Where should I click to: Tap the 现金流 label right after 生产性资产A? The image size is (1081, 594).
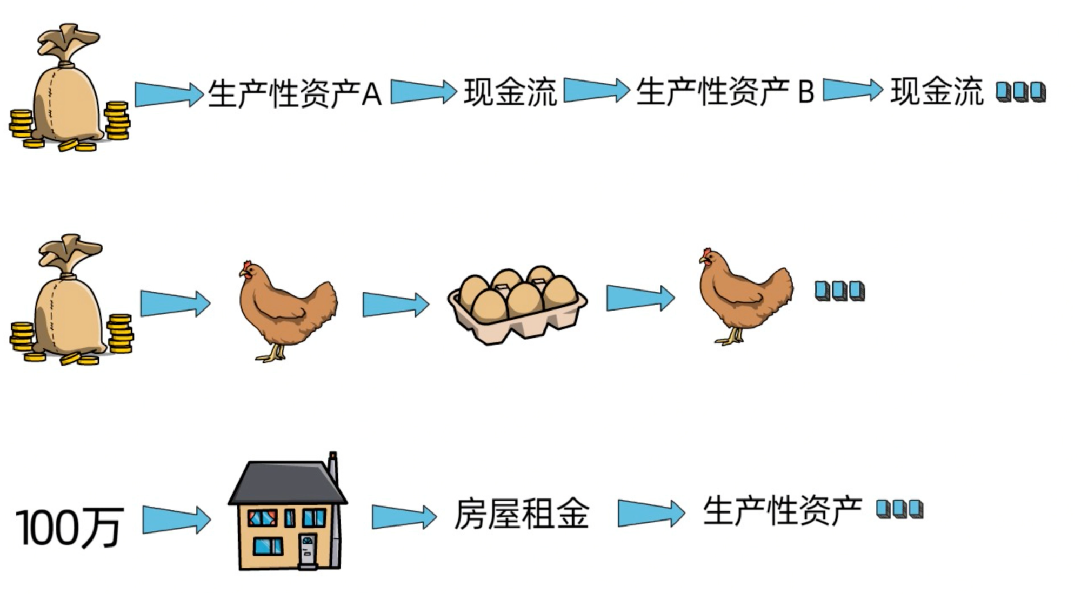click(510, 92)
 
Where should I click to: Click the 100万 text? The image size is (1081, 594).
click(70, 528)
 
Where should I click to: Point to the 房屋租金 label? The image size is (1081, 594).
click(522, 514)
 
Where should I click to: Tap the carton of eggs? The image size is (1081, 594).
click(517, 305)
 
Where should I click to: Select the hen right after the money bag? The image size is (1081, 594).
click(288, 311)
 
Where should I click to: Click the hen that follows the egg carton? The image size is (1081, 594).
click(745, 296)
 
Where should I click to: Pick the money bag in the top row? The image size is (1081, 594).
click(69, 87)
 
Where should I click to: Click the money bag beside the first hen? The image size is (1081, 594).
click(71, 300)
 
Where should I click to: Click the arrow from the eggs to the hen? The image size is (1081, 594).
click(640, 298)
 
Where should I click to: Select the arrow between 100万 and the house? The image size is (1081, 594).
click(176, 520)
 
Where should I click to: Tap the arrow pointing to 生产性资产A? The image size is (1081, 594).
click(169, 94)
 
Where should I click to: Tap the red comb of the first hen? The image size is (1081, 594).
click(247, 265)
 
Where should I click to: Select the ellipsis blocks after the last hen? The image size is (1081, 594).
click(839, 291)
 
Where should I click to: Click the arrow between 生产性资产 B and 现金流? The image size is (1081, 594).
click(853, 90)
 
